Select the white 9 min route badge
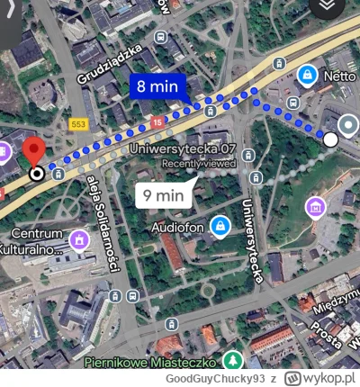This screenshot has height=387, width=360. (164, 193)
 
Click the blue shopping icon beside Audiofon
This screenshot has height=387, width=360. (218, 226)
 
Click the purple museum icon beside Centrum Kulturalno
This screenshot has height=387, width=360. (82, 239)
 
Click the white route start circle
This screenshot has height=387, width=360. (331, 139)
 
